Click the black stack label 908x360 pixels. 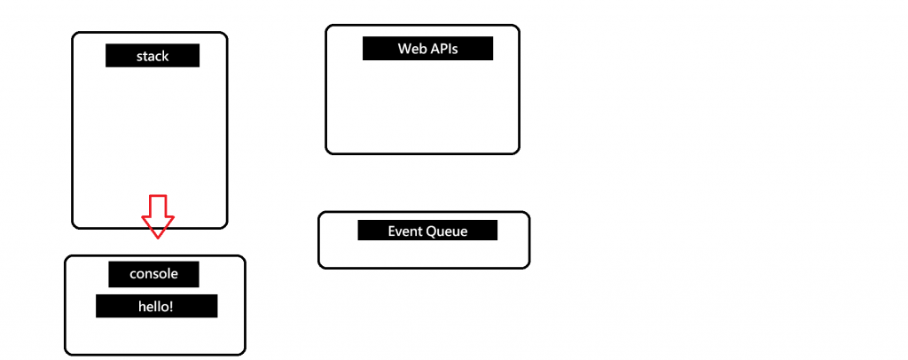[153, 56]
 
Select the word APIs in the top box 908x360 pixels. [442, 48]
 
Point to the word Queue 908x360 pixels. [447, 231]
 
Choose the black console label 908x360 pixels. [153, 274]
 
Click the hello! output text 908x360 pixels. [156, 307]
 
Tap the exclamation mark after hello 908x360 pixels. [172, 307]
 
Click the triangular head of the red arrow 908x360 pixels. [158, 227]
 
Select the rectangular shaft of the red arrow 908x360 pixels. [158, 206]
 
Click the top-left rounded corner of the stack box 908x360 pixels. [75, 36]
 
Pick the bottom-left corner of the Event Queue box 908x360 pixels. [322, 264]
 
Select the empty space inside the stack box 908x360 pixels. [149, 133]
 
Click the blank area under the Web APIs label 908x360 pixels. [422, 106]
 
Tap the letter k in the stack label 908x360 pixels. [165, 56]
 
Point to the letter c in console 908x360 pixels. [133, 274]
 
